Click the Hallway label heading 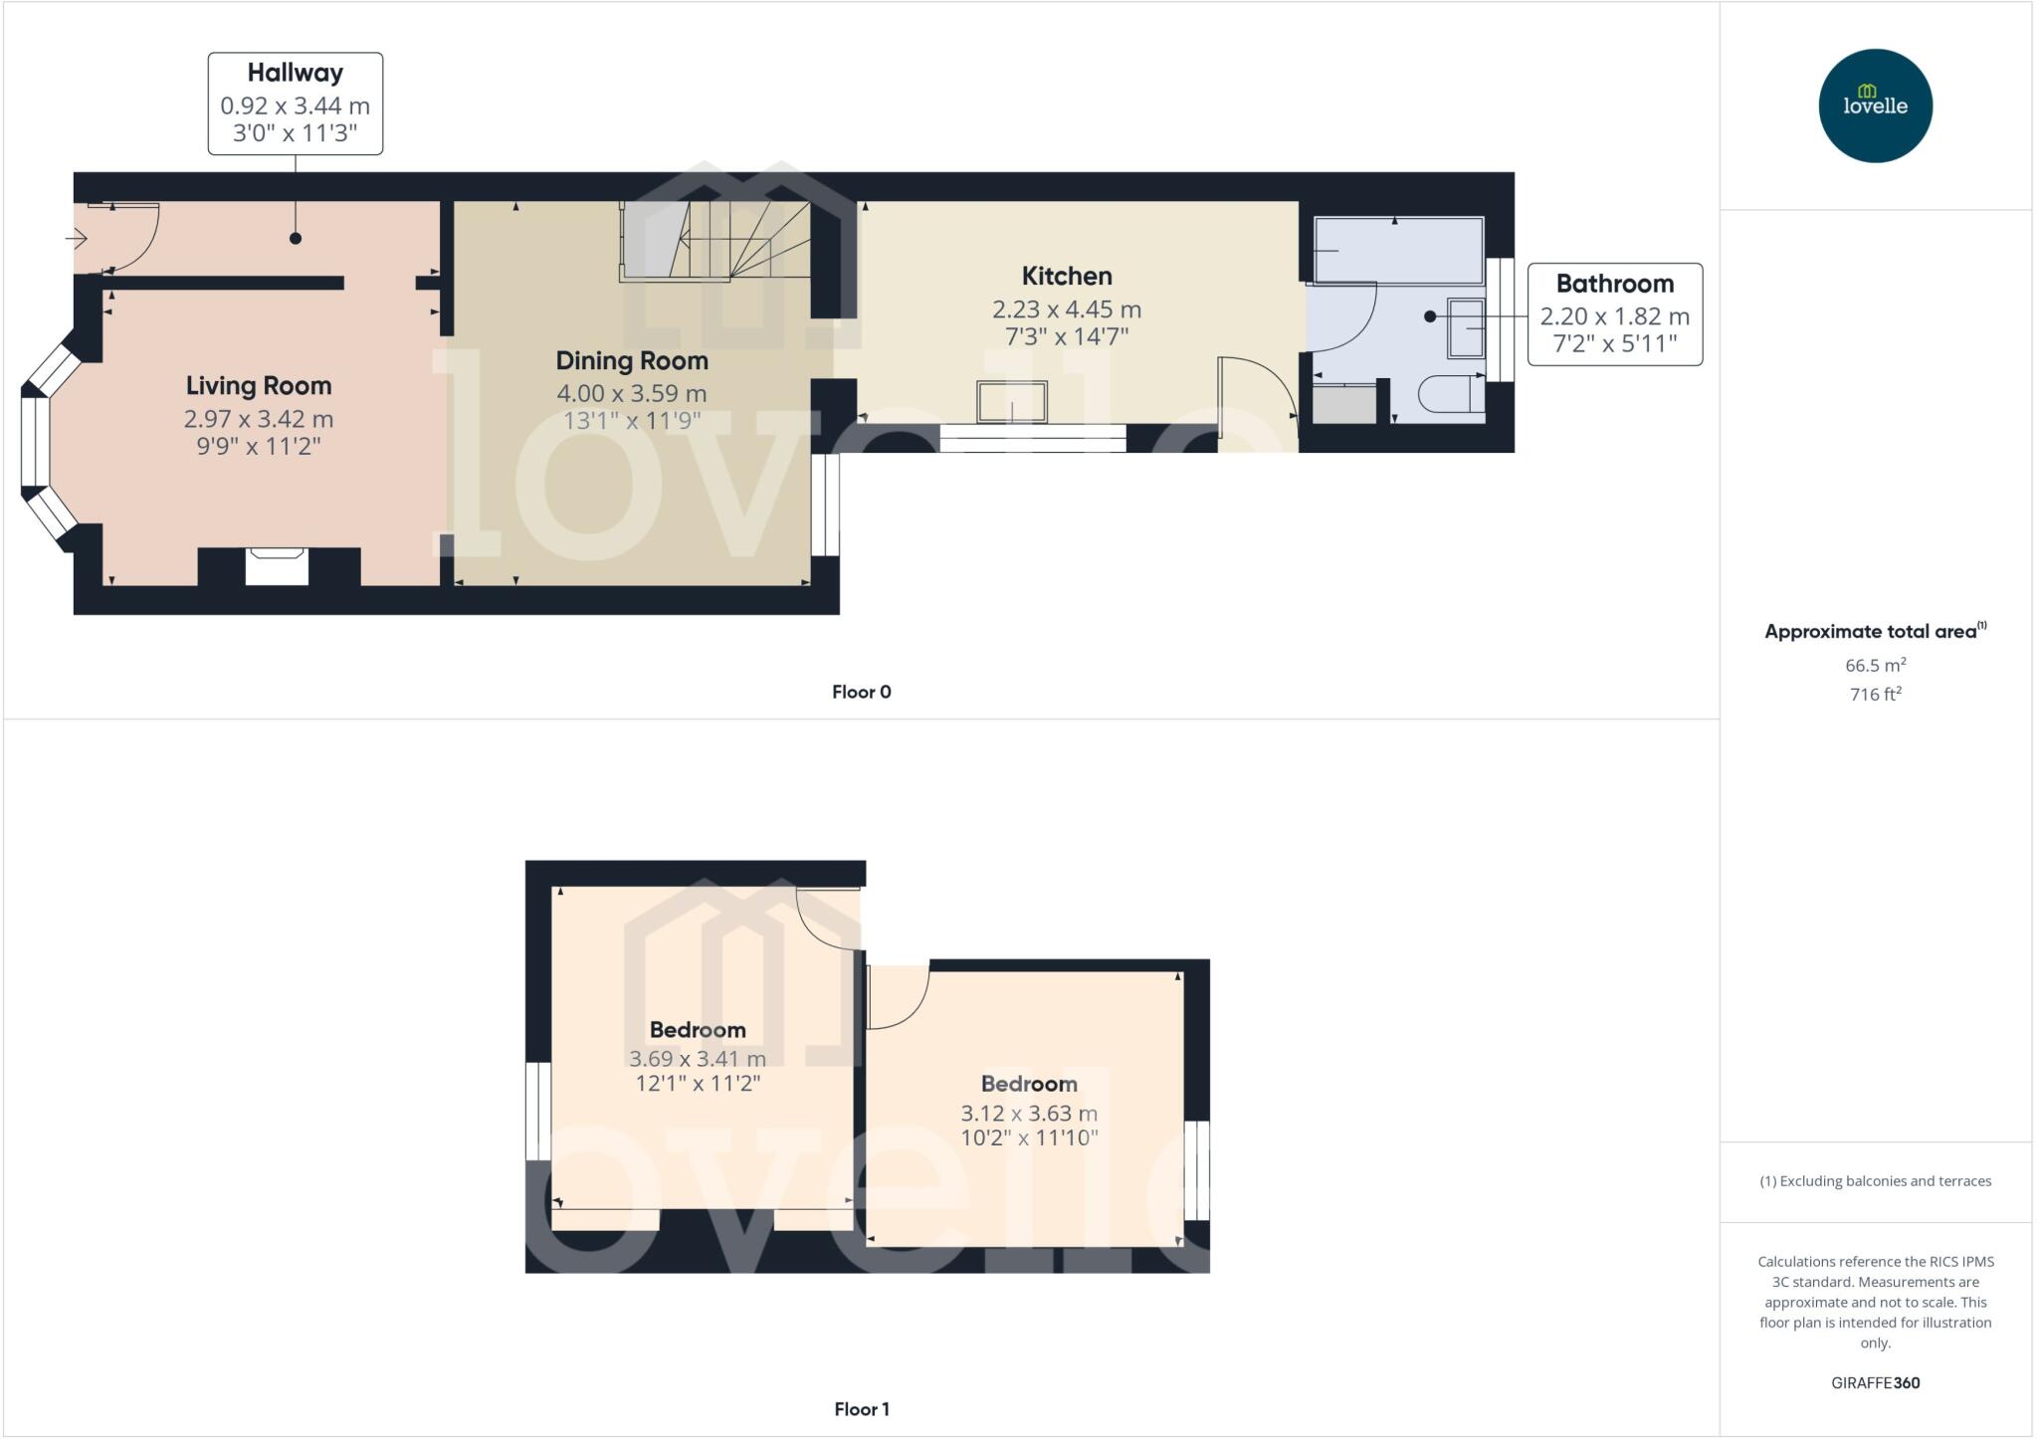[x=295, y=73]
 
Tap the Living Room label [x=259, y=386]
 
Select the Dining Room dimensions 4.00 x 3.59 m [x=632, y=393]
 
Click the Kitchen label [x=1067, y=276]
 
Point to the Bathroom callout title [x=1614, y=284]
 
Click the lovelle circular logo [x=1875, y=105]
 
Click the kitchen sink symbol [x=1011, y=401]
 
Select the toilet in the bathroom [x=1450, y=394]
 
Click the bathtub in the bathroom [x=1398, y=250]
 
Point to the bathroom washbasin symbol [x=1466, y=327]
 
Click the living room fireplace [x=277, y=566]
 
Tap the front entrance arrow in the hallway [x=77, y=239]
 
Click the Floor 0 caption [x=861, y=692]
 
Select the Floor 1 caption [x=861, y=1409]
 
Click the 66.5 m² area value [x=1875, y=665]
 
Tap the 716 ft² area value [x=1875, y=695]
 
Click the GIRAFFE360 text [x=1875, y=1382]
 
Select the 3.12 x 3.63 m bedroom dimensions [x=1028, y=1114]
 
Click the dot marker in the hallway [x=296, y=239]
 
